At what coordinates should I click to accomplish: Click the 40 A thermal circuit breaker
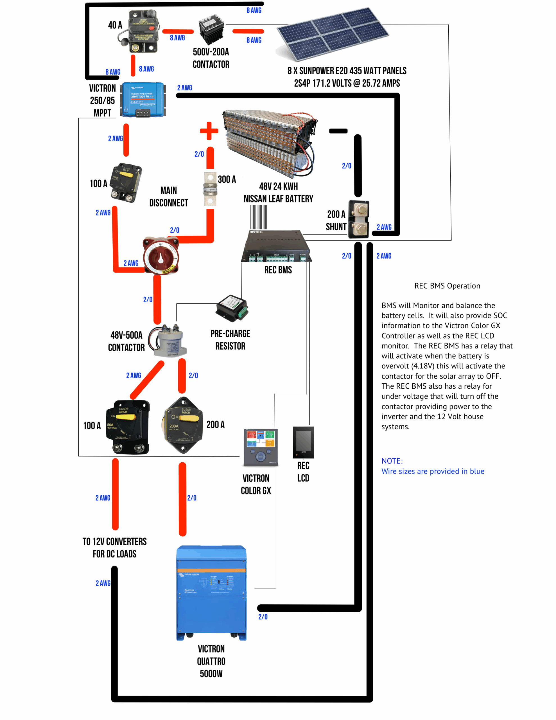[x=143, y=32]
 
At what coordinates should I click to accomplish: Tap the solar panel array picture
[x=332, y=34]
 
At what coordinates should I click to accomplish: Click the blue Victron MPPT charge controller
[x=143, y=100]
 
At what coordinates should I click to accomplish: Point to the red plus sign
[x=209, y=131]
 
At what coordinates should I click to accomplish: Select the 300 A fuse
[x=210, y=189]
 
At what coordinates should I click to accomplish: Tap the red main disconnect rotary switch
[x=161, y=255]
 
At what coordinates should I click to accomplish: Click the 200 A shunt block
[x=359, y=219]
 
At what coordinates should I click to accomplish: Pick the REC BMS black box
[x=276, y=246]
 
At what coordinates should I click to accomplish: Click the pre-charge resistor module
[x=232, y=308]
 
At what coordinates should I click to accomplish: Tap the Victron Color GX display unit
[x=260, y=447]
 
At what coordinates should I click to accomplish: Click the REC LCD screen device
[x=303, y=442]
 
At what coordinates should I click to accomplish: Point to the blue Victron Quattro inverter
[x=211, y=592]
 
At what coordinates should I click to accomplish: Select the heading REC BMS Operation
[x=447, y=286]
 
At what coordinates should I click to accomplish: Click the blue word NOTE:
[x=392, y=461]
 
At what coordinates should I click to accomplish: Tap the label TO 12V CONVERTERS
[x=114, y=542]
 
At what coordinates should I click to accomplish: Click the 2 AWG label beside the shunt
[x=384, y=227]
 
